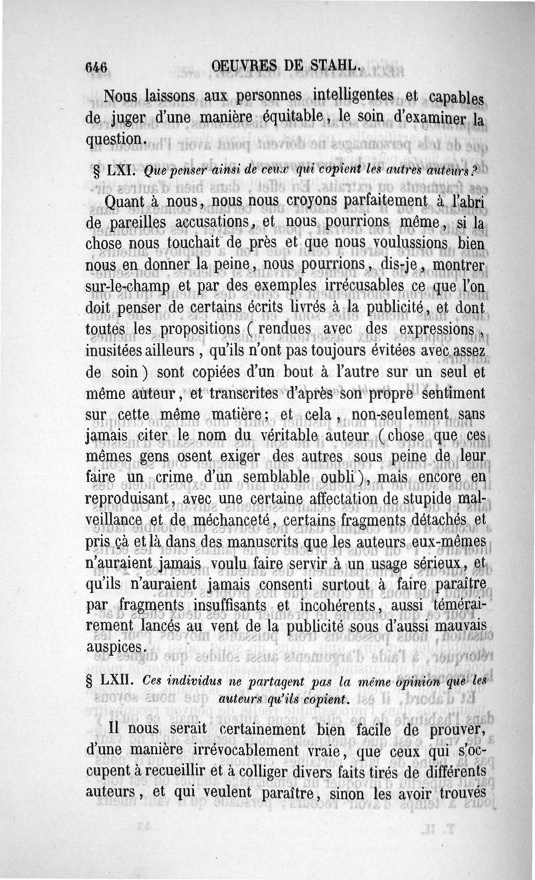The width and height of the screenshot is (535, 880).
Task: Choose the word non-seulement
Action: tap(399, 417)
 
